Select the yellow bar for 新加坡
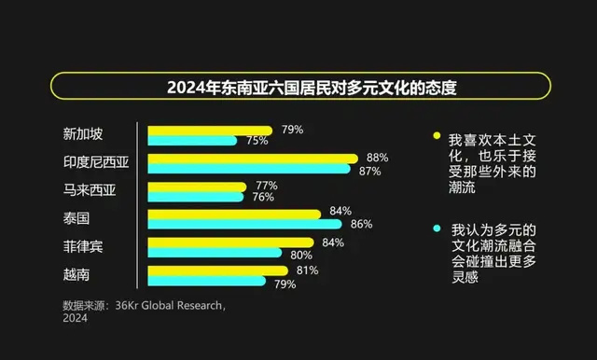[210, 131]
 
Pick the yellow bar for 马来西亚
[196, 186]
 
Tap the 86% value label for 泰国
[361, 224]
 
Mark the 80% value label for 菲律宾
[301, 254]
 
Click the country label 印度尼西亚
[95, 163]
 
